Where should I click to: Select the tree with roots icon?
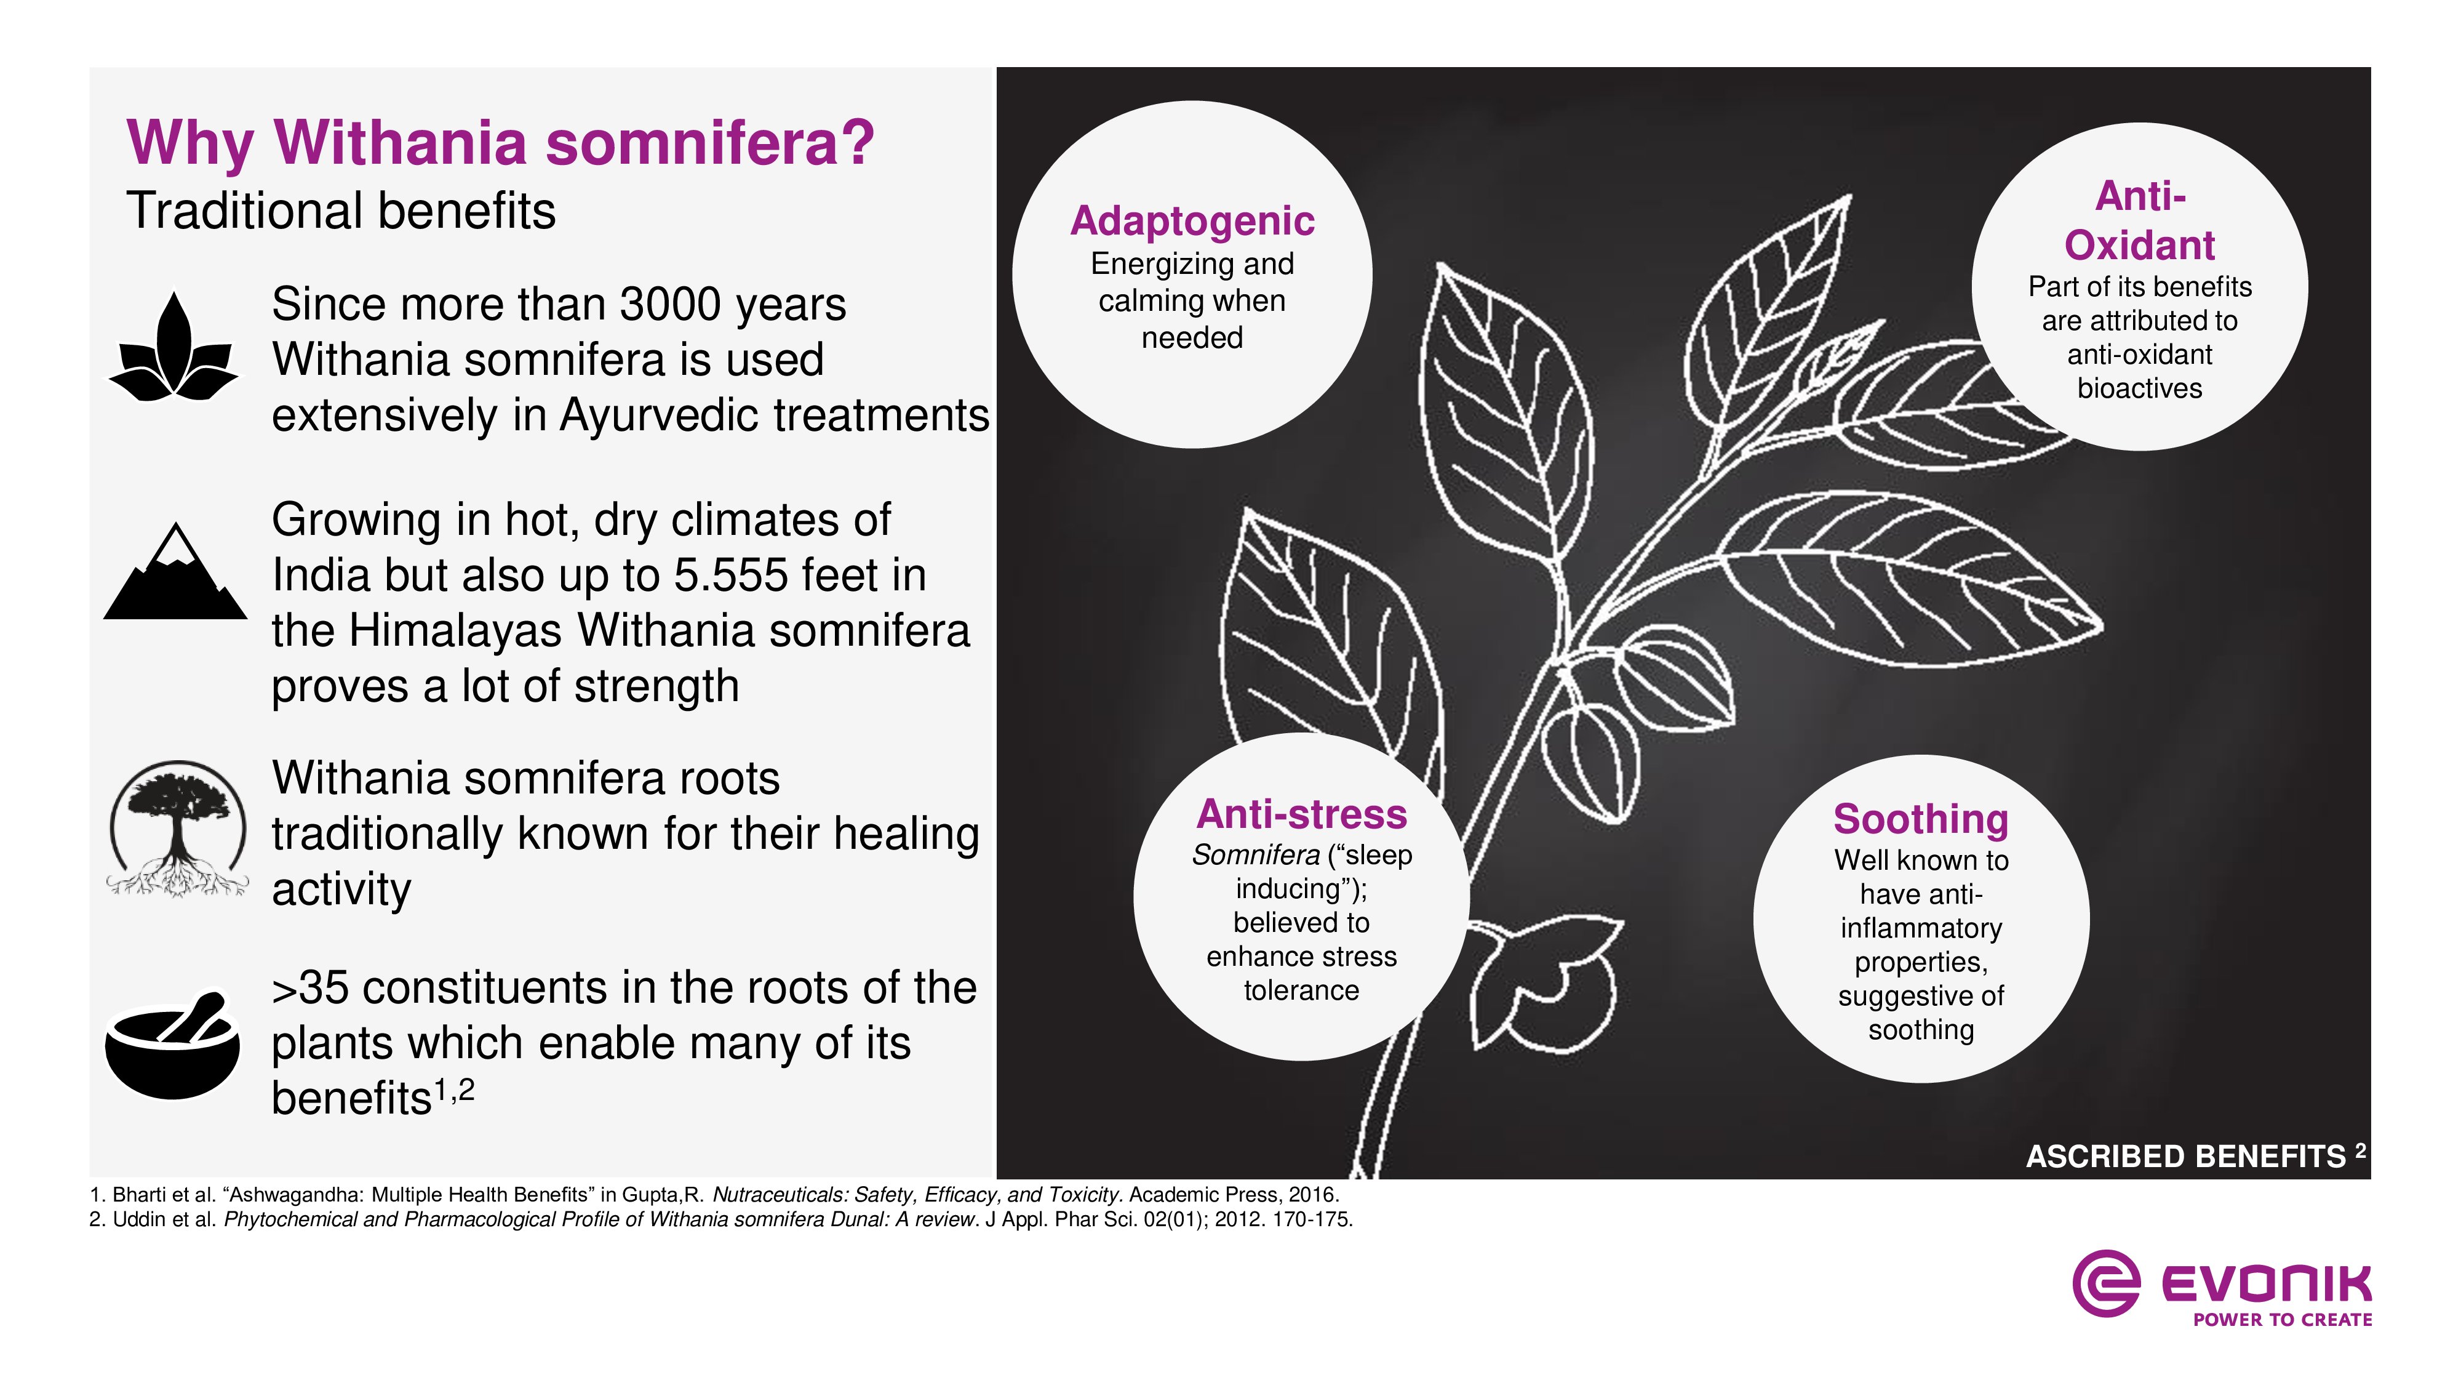point(176,829)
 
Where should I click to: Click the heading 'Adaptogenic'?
point(1192,221)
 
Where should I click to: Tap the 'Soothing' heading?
point(1920,819)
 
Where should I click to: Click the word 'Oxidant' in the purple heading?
point(2139,245)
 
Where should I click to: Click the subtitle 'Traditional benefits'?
point(341,211)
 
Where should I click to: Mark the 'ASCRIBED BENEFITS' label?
point(2186,1157)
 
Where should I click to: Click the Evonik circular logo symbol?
point(2105,1283)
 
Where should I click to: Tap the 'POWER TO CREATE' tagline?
point(2283,1320)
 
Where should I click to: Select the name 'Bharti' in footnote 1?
point(142,1195)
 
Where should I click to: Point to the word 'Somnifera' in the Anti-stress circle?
point(1255,854)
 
